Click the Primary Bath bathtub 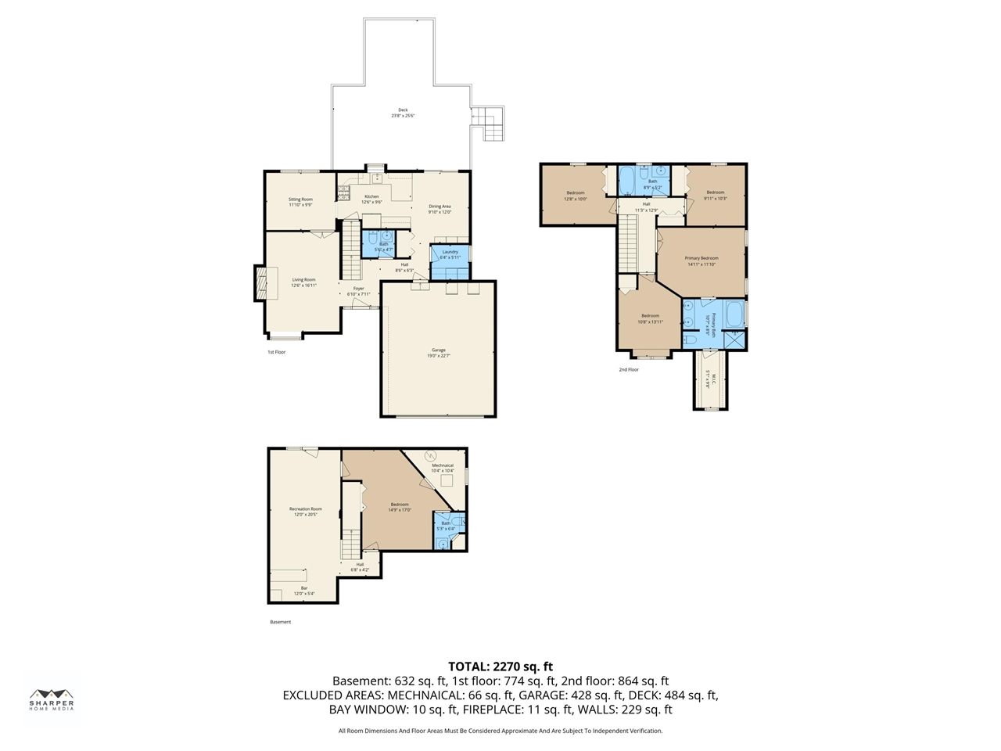tap(734, 314)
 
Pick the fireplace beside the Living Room tap(260, 282)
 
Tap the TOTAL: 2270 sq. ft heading tap(500, 667)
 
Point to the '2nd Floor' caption tap(629, 369)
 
